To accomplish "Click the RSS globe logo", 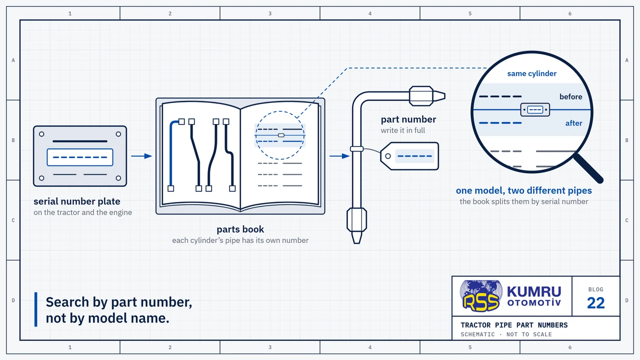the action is click(481, 295).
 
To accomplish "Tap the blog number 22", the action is click(595, 303).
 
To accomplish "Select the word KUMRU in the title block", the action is click(534, 291).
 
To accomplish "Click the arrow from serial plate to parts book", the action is click(141, 156).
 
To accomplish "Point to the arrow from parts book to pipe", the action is click(339, 156).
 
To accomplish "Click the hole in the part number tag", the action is click(387, 156).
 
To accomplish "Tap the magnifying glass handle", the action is click(588, 168).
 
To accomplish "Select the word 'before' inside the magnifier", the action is click(570, 97).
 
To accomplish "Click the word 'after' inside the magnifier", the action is click(573, 123).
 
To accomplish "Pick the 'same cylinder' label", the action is click(531, 73).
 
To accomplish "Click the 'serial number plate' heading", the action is click(77, 201).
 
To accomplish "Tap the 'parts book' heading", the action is click(240, 229).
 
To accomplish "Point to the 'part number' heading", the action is click(408, 119).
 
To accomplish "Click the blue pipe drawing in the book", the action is click(171, 154).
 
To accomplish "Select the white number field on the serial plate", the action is click(80, 157).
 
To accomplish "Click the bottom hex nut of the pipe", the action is click(356, 219).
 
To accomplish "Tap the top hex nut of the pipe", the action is click(421, 96).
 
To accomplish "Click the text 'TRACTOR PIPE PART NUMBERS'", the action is click(514, 325).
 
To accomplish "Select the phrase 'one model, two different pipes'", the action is click(523, 190).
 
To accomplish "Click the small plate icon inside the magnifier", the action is click(535, 109).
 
